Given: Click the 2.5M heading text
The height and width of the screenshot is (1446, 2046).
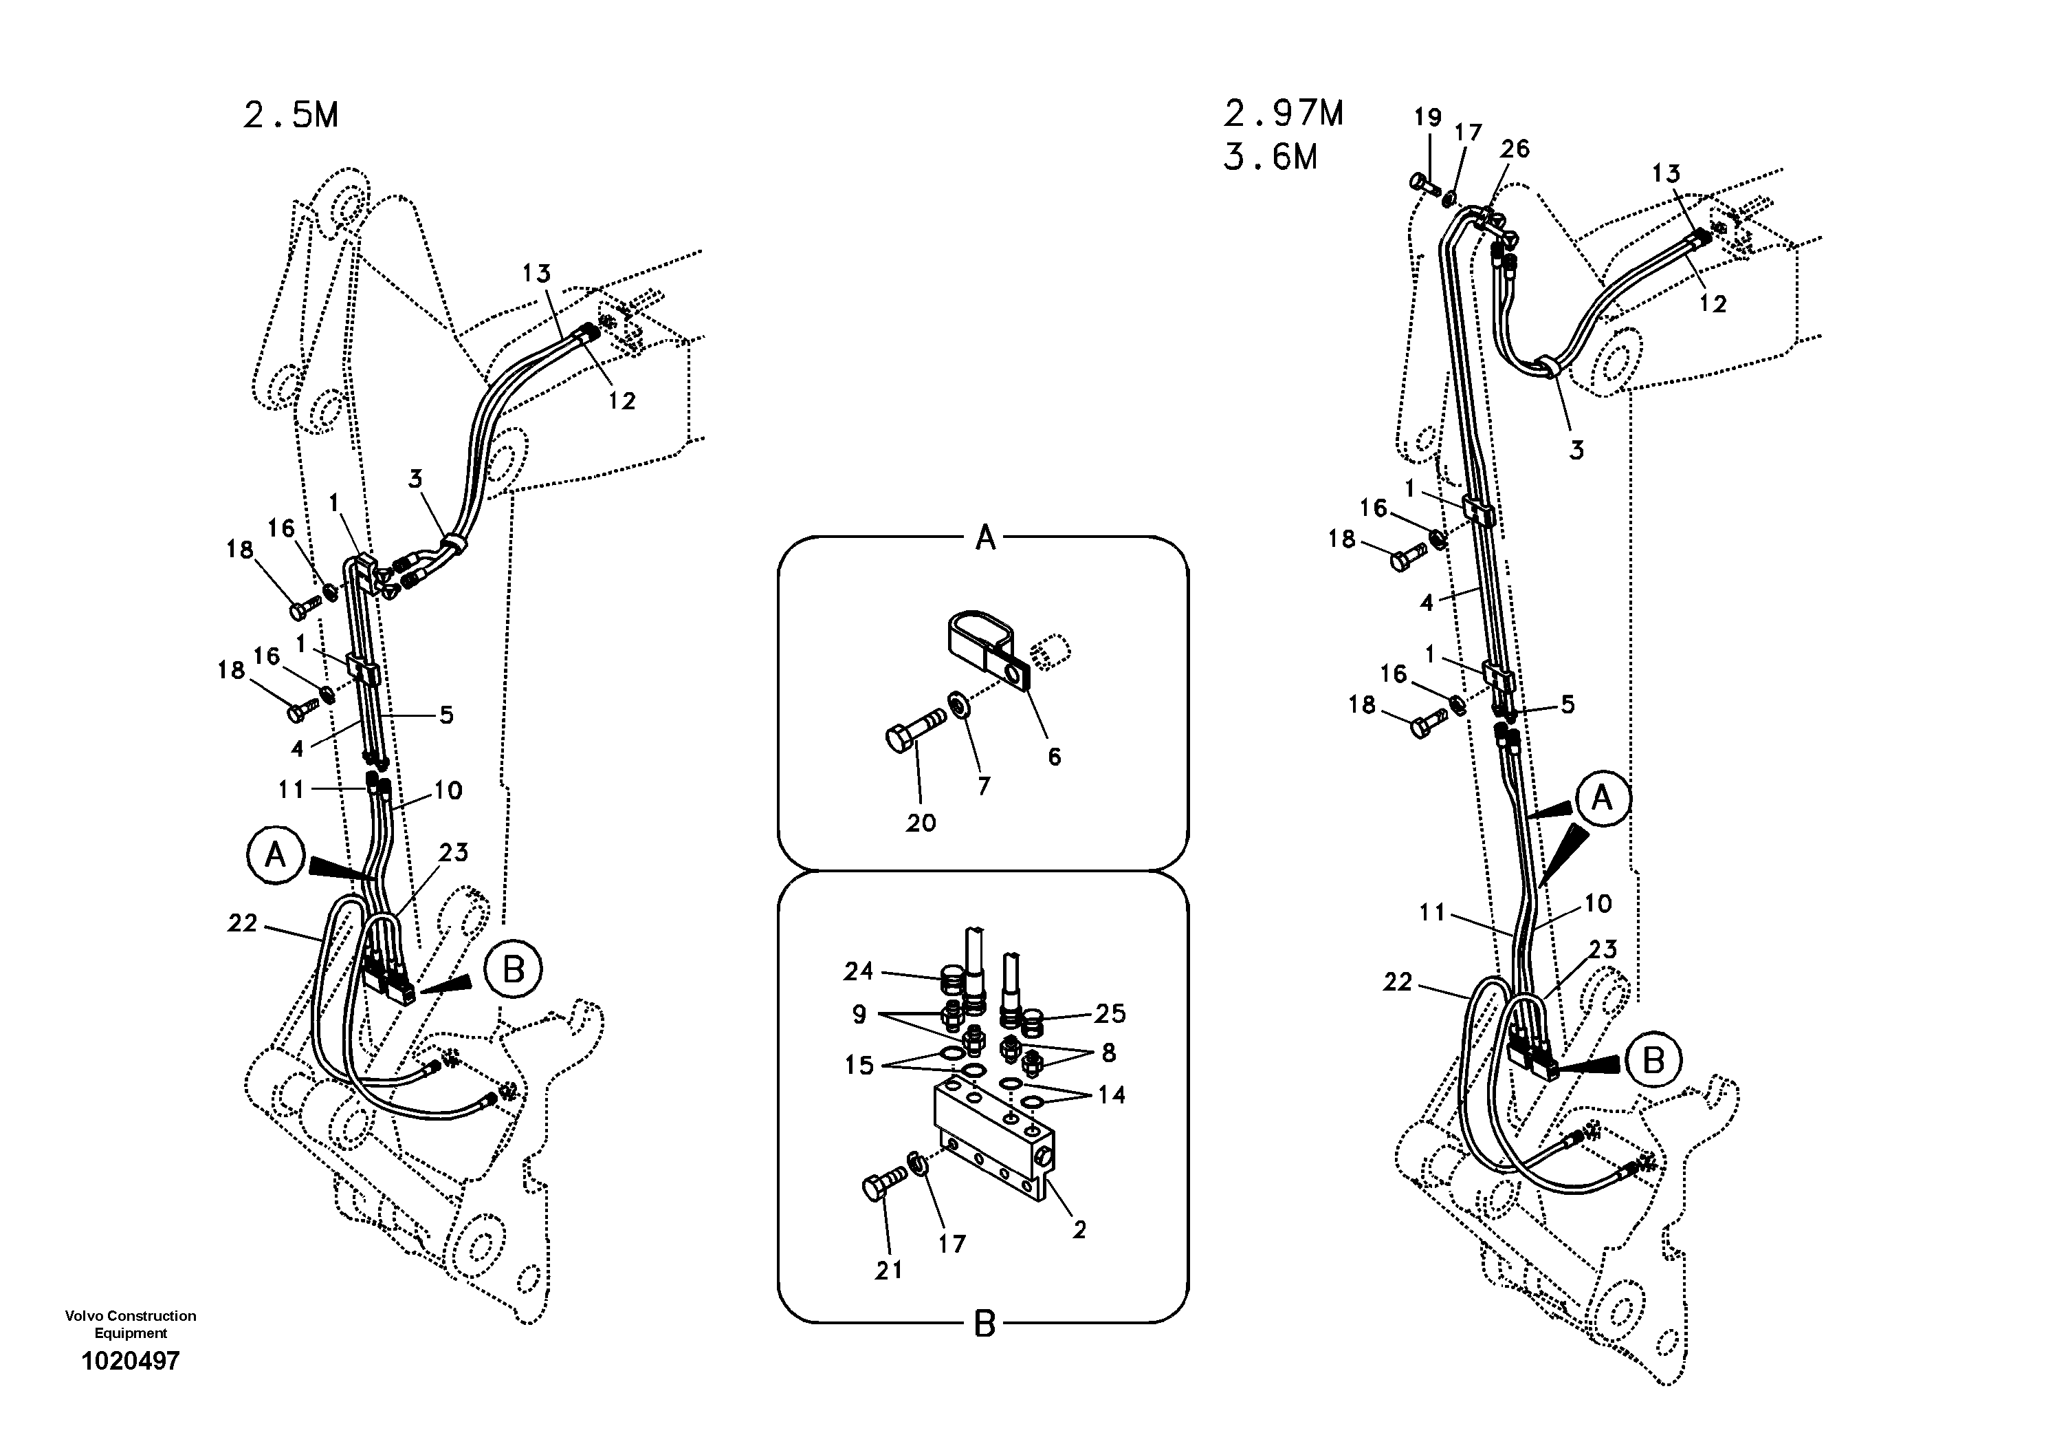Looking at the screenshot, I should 291,115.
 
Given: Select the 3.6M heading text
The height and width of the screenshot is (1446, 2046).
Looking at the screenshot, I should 1270,158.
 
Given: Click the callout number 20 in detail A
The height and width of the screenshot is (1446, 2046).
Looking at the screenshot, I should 921,822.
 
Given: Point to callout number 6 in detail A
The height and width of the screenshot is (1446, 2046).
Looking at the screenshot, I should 1054,757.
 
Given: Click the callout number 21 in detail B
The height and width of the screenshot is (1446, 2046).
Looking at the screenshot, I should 888,1271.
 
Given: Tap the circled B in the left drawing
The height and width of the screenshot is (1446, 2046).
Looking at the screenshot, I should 514,969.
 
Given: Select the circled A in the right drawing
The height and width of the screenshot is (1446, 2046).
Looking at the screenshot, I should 1601,798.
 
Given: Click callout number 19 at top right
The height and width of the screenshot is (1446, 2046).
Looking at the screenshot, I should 1427,117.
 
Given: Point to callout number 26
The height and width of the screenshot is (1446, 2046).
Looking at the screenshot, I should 1514,149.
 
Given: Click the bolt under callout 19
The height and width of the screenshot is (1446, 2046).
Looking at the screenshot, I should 1423,184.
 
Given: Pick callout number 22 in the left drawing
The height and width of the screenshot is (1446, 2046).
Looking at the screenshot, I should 243,924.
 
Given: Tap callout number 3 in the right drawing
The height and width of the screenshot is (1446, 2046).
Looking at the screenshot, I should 1576,450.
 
